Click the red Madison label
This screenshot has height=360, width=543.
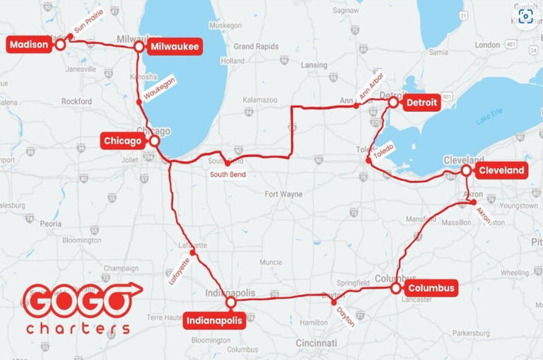click(x=29, y=45)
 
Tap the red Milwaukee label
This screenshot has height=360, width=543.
click(x=174, y=47)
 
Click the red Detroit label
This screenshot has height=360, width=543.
click(x=422, y=103)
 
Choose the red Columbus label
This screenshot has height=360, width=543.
click(x=431, y=288)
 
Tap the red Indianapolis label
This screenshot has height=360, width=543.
click(x=214, y=321)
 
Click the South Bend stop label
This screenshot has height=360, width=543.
click(x=227, y=174)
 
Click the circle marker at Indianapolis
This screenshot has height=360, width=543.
click(x=230, y=303)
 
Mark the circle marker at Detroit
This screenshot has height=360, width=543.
click(x=393, y=103)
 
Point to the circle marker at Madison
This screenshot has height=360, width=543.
click(x=60, y=44)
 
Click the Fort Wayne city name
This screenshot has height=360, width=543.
click(x=283, y=194)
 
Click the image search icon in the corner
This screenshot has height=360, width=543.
click(x=525, y=16)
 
